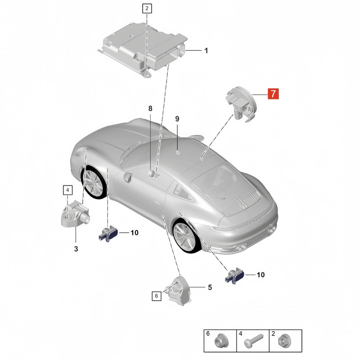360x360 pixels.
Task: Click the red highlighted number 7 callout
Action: click(273, 94)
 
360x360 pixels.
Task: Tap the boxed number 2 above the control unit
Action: click(147, 9)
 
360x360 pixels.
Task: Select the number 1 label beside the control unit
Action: click(206, 50)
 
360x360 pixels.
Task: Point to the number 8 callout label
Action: click(150, 108)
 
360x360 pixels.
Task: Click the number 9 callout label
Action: click(177, 119)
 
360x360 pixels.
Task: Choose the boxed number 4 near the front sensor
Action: click(67, 190)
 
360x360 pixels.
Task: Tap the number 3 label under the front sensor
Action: click(76, 249)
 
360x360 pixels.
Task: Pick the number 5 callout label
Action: click(210, 287)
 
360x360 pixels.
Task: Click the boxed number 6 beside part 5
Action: click(156, 296)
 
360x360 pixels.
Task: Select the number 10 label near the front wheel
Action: click(134, 233)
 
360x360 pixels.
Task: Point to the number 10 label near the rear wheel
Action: click(261, 274)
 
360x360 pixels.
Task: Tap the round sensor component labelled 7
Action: click(242, 104)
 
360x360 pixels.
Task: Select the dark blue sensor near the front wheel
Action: click(108, 233)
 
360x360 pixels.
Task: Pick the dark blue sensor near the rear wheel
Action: click(234, 276)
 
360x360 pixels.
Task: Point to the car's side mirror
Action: click(128, 177)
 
